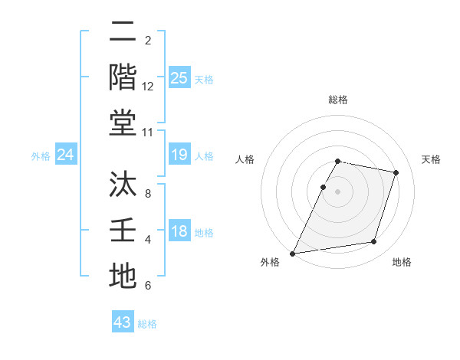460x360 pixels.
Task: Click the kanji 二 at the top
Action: click(123, 32)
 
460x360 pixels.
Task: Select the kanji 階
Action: click(123, 77)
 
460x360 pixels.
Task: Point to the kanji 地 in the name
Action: click(123, 275)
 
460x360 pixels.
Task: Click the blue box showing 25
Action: click(179, 77)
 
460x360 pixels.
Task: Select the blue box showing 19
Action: click(179, 155)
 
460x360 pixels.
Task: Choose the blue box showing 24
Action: click(65, 155)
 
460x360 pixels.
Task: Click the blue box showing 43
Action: click(123, 322)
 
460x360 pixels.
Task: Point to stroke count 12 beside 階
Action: click(148, 87)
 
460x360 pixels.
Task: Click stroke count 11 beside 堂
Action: click(148, 133)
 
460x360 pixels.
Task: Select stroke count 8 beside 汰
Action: click(147, 195)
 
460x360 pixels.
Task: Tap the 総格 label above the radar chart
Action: click(338, 100)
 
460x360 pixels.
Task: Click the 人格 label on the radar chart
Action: click(245, 159)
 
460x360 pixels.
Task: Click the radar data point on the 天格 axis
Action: click(396, 172)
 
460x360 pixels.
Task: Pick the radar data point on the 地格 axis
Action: click(374, 242)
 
